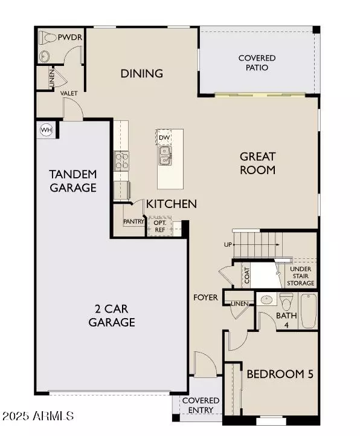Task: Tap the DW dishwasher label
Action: coord(164,137)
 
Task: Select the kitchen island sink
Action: coord(164,157)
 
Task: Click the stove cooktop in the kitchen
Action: coord(121,160)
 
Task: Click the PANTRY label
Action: coord(133,221)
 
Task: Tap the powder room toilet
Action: coord(48,38)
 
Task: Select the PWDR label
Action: coord(71,37)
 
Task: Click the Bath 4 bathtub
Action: coord(308,311)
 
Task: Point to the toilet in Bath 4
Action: coord(286,299)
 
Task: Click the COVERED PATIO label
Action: coord(257,63)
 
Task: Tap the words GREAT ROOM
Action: coord(257,163)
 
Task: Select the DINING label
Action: coord(141,74)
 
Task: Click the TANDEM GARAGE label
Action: coord(72,181)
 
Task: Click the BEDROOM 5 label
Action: coord(280,374)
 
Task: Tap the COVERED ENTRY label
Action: coord(200,405)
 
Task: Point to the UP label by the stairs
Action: coord(227,245)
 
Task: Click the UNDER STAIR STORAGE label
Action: coord(301,276)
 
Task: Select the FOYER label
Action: coord(205,298)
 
